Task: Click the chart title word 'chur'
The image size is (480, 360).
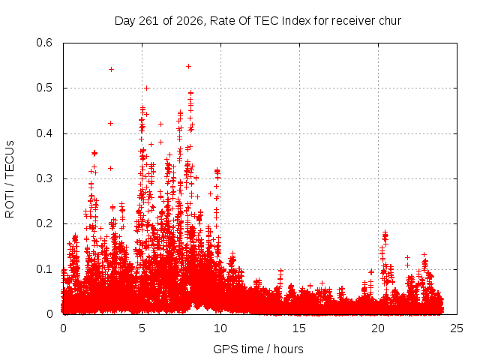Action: click(390, 21)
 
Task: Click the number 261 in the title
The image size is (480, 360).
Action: click(148, 21)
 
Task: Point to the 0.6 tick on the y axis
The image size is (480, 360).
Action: click(44, 43)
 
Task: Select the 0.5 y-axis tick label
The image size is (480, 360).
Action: click(44, 88)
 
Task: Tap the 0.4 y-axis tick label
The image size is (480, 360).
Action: click(44, 133)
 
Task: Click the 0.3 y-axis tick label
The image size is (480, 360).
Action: click(44, 178)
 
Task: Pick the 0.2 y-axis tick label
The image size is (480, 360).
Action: click(44, 223)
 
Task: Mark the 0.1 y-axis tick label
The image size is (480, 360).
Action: click(44, 269)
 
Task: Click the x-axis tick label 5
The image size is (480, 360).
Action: click(142, 328)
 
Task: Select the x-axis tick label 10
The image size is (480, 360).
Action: click(220, 328)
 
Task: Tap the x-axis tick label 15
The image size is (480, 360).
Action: click(299, 328)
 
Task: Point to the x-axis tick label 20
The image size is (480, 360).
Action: click(378, 328)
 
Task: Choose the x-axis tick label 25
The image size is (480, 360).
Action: click(457, 328)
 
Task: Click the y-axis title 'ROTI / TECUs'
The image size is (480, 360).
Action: click(10, 179)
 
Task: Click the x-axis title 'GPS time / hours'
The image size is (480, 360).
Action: click(258, 349)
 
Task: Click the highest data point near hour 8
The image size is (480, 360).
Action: click(188, 67)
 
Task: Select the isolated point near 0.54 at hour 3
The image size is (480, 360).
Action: click(112, 70)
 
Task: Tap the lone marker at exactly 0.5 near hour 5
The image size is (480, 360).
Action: click(146, 88)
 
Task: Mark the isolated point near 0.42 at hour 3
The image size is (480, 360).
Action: click(111, 123)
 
